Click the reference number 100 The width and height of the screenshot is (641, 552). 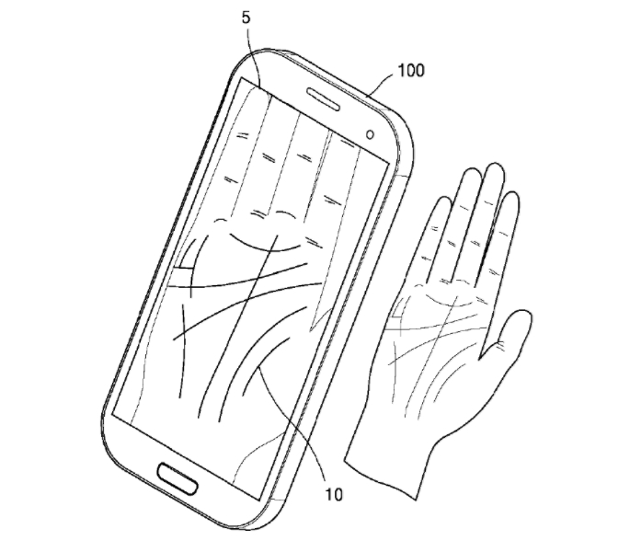point(411,70)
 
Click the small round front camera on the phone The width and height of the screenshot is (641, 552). point(370,133)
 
